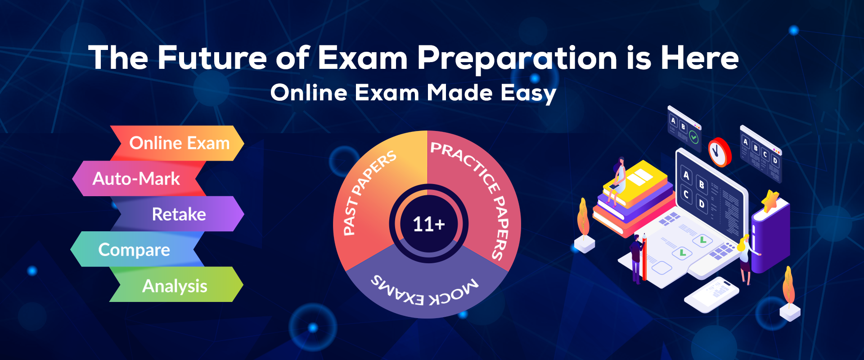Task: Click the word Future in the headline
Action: [x=212, y=58]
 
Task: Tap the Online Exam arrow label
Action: [x=180, y=143]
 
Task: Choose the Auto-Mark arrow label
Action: [x=136, y=179]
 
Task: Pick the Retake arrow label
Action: [x=179, y=214]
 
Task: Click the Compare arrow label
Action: [x=134, y=250]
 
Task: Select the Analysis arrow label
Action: [x=175, y=286]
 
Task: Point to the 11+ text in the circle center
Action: [x=429, y=224]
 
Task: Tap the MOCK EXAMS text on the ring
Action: [x=425, y=290]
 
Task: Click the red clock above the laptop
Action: [x=720, y=152]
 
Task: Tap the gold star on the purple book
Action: [x=770, y=200]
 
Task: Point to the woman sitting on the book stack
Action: [x=618, y=180]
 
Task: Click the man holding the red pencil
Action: [x=636, y=259]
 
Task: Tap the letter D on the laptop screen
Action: [x=701, y=204]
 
